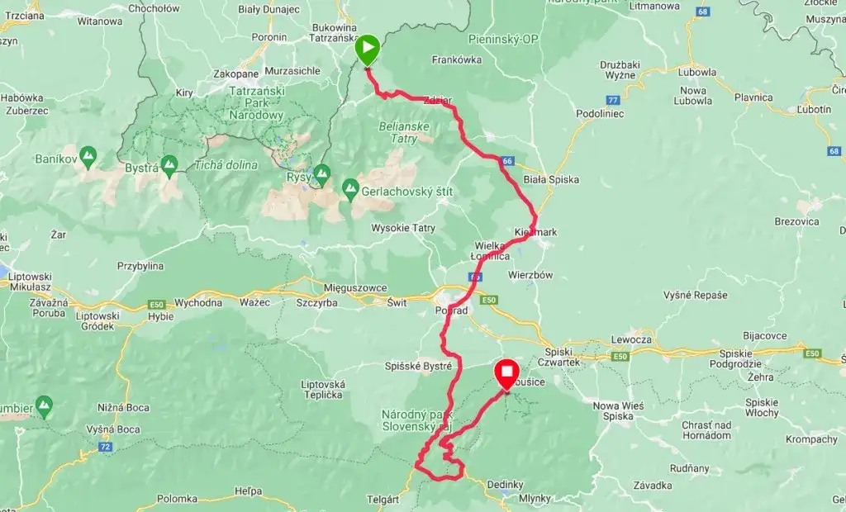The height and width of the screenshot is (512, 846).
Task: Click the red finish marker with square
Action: tap(506, 374)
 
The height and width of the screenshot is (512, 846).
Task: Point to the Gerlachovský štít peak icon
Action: tap(349, 190)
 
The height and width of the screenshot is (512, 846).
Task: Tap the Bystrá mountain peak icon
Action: tap(170, 167)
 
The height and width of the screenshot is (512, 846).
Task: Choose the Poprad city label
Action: tap(451, 311)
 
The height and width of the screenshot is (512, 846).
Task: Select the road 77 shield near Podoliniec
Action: tap(612, 100)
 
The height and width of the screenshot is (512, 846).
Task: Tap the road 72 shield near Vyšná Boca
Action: tap(105, 447)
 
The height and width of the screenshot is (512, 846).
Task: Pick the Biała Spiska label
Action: tap(551, 179)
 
